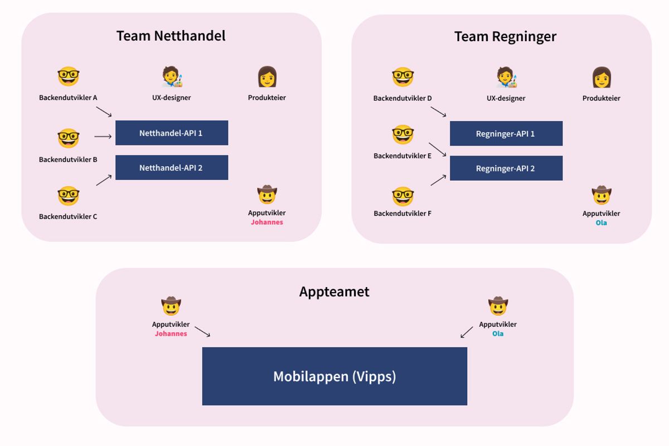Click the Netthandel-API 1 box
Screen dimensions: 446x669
pyautogui.click(x=172, y=133)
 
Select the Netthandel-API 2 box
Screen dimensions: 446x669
pyautogui.click(x=172, y=167)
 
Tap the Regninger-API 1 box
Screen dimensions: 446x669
pyautogui.click(x=506, y=134)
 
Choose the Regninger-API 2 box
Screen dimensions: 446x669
pyautogui.click(x=506, y=168)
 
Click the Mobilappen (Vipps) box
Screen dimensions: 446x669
pyautogui.click(x=334, y=376)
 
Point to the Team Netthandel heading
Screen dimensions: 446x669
pyautogui.click(x=171, y=36)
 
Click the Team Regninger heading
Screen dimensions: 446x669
pyautogui.click(x=505, y=37)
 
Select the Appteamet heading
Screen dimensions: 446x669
pyautogui.click(x=334, y=292)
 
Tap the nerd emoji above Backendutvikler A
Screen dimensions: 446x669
pyautogui.click(x=69, y=77)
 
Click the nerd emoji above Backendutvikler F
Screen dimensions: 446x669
pyautogui.click(x=403, y=196)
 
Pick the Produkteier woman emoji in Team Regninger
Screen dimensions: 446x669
pyautogui.click(x=602, y=77)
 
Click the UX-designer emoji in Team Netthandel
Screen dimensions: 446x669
pyautogui.click(x=172, y=77)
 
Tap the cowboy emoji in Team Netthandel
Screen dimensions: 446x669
pyautogui.click(x=267, y=195)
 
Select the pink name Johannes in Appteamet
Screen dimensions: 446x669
pyautogui.click(x=171, y=334)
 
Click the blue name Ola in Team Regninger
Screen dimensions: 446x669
pyautogui.click(x=601, y=223)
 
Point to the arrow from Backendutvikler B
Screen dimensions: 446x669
pyautogui.click(x=103, y=136)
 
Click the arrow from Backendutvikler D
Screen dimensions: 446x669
pyautogui.click(x=438, y=112)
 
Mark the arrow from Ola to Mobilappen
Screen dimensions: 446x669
pyautogui.click(x=467, y=332)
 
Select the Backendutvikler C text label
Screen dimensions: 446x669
pyautogui.click(x=68, y=216)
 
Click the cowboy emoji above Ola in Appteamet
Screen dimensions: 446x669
pyautogui.click(x=498, y=306)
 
